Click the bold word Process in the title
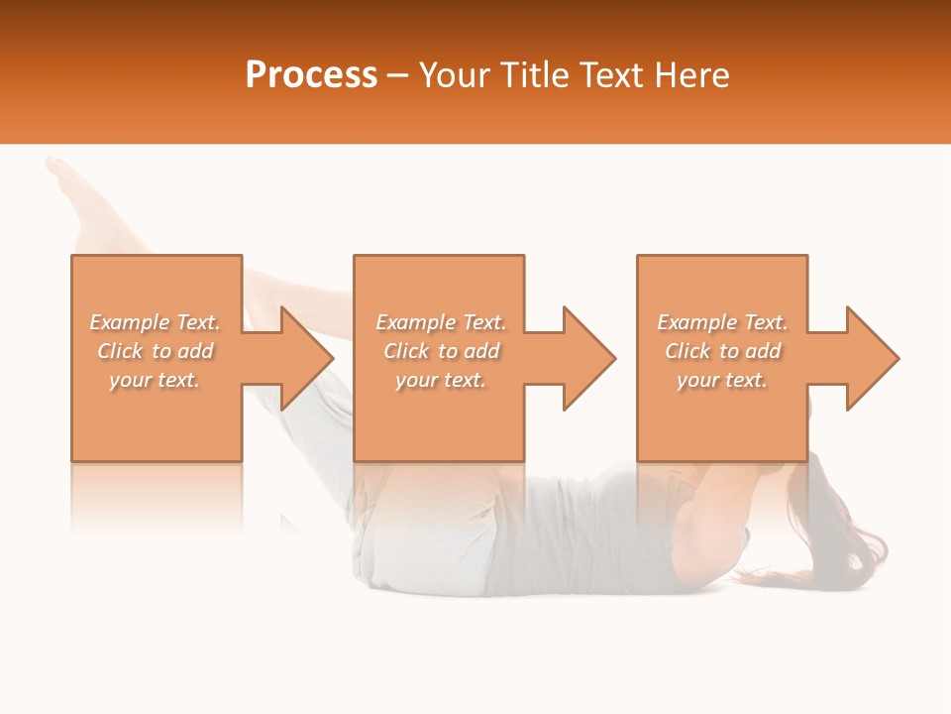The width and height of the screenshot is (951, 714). coord(311,75)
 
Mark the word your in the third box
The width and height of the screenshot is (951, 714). coord(698,380)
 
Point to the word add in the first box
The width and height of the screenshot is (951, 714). coord(195,351)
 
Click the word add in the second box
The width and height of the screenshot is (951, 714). coord(481,351)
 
